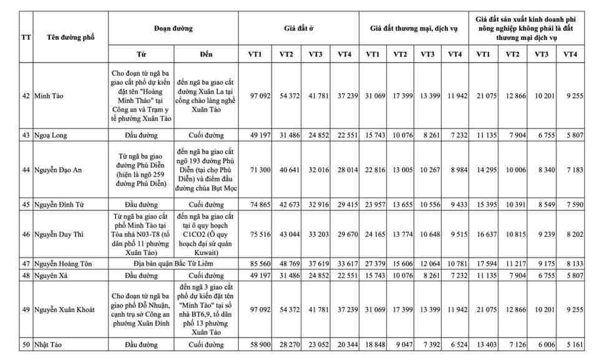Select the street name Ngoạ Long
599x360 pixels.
(51, 135)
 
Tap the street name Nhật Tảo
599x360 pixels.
(51, 344)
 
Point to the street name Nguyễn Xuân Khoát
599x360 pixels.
(67, 309)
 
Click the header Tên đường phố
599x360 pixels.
(71, 37)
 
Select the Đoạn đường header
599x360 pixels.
(173, 28)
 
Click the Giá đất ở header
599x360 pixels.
(299, 28)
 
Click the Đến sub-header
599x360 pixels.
(206, 54)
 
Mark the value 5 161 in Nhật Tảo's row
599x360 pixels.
(570, 344)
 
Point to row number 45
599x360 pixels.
(26, 204)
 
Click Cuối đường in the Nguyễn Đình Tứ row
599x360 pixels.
(206, 204)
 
